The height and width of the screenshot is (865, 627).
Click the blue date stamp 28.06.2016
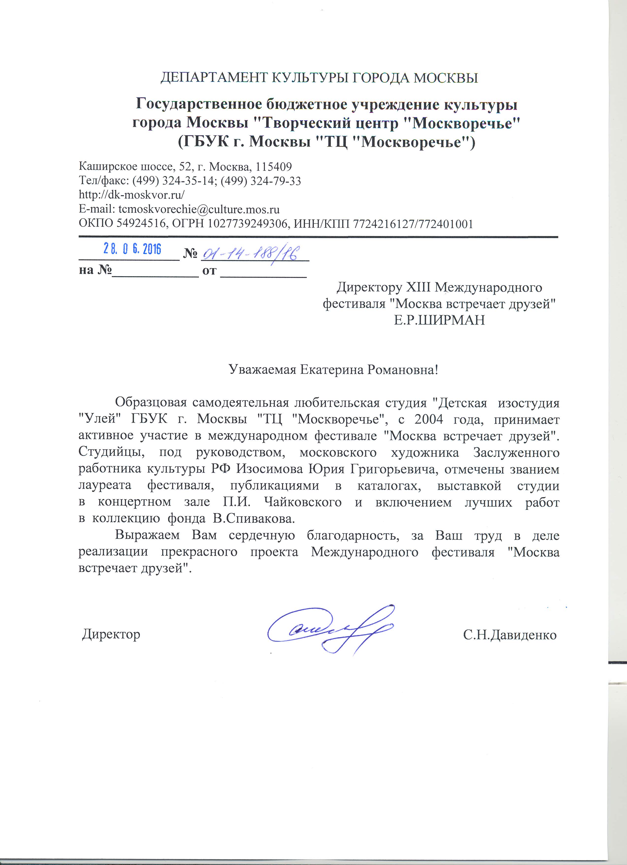click(x=132, y=249)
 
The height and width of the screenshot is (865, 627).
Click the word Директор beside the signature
click(x=111, y=634)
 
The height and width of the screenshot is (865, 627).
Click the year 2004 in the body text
click(x=429, y=419)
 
